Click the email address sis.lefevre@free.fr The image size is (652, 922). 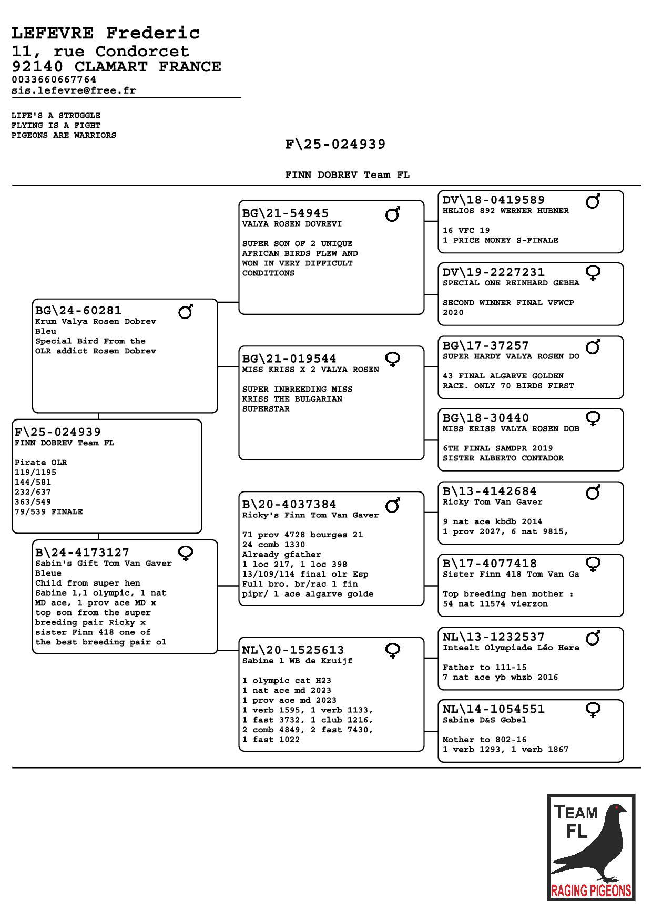(74, 90)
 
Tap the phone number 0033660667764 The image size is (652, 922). (54, 79)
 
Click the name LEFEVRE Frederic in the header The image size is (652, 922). (106, 33)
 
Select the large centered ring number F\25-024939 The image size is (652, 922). (335, 144)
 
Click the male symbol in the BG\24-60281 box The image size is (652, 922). (186, 311)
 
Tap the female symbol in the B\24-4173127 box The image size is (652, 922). (186, 553)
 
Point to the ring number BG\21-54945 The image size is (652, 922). (286, 213)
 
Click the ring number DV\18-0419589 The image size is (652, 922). (494, 200)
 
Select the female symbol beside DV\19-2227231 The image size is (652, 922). (593, 273)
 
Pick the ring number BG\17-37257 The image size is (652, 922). (486, 345)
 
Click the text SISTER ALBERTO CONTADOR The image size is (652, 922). (503, 458)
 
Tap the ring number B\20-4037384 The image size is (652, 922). (289, 504)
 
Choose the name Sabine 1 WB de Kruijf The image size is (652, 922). (297, 661)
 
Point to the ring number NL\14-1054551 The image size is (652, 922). (494, 709)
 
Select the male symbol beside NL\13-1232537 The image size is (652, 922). (593, 638)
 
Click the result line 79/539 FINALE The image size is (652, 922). (48, 512)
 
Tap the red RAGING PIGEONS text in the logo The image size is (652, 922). (591, 890)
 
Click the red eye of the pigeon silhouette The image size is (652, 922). (616, 806)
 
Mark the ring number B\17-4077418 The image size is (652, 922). (490, 563)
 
